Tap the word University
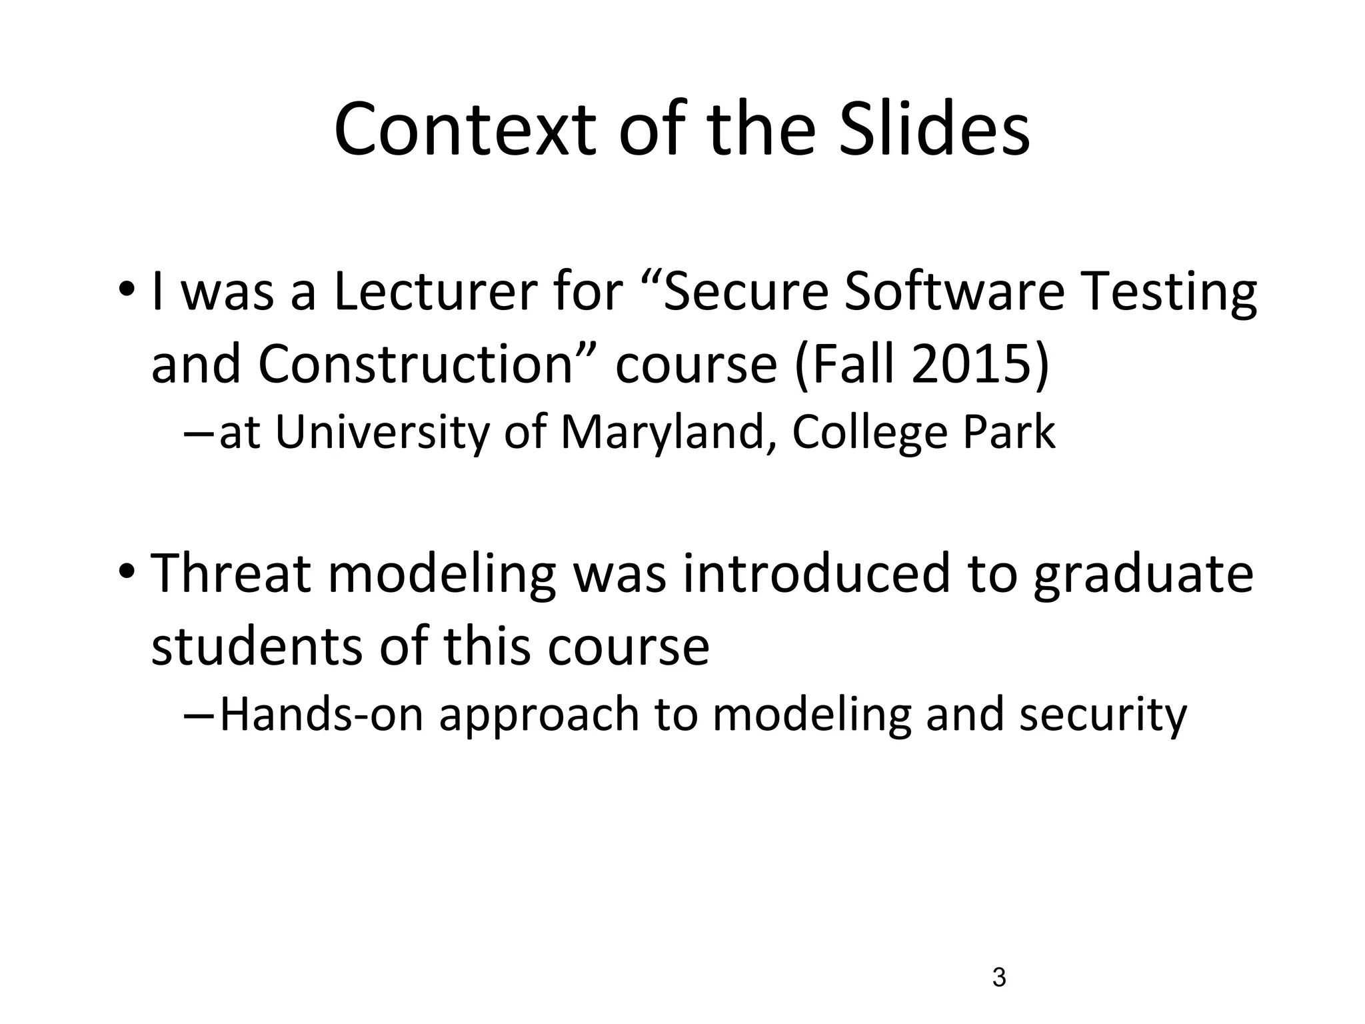[x=382, y=433]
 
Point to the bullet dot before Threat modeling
[x=127, y=572]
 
